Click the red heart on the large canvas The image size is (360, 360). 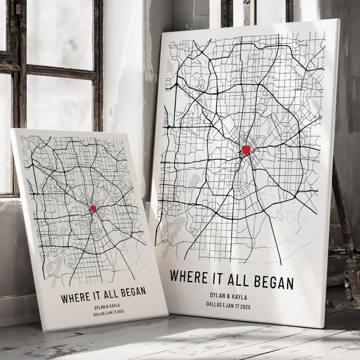[246, 150]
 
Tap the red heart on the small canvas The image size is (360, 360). [93, 208]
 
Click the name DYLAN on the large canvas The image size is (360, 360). [219, 296]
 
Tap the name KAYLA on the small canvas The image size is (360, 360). [114, 306]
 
